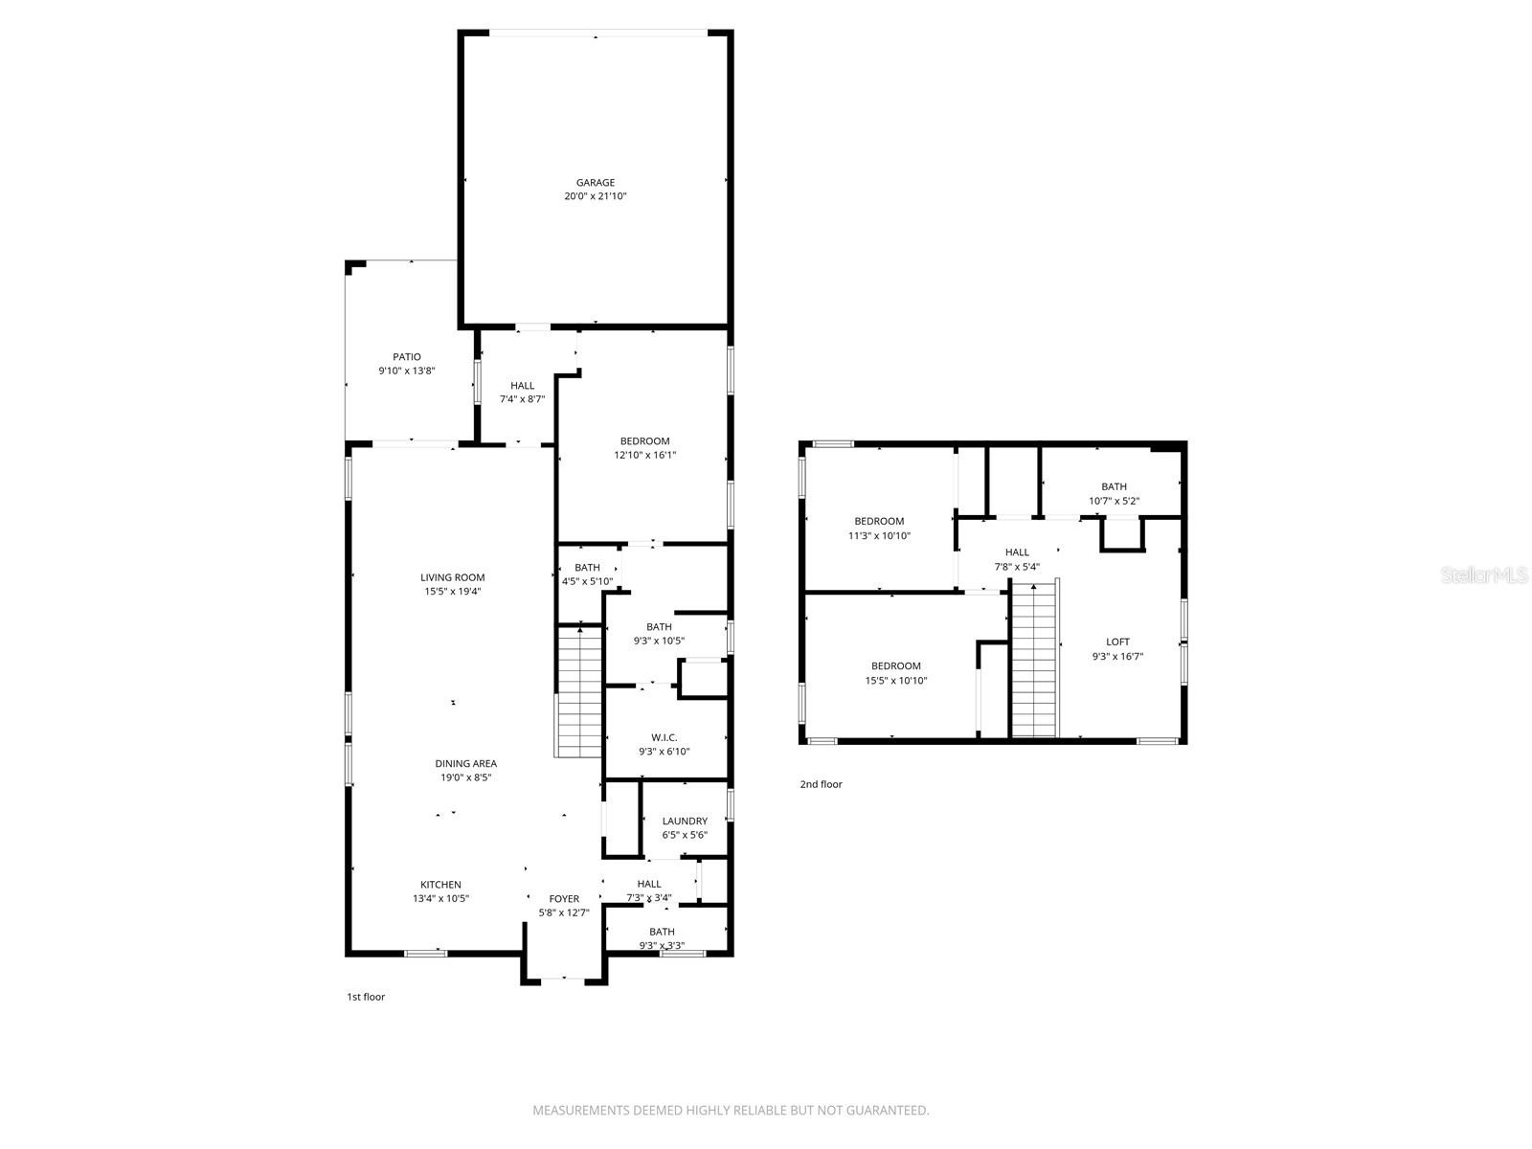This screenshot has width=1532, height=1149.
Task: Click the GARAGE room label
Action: pyautogui.click(x=595, y=183)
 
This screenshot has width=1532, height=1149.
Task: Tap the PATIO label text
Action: pyautogui.click(x=406, y=357)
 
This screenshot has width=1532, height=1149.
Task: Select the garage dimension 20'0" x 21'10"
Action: pyautogui.click(x=595, y=196)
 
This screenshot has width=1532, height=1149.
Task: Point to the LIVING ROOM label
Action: pyautogui.click(x=452, y=577)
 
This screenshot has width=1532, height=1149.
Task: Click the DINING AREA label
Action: pyautogui.click(x=465, y=764)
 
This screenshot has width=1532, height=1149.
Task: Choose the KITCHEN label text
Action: pyautogui.click(x=440, y=885)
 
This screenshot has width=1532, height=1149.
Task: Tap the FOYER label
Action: pyautogui.click(x=564, y=899)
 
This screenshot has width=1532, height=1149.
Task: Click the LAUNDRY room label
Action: pyautogui.click(x=685, y=821)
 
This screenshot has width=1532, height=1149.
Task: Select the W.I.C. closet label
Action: pyautogui.click(x=664, y=737)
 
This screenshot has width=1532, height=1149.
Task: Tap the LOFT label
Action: pyautogui.click(x=1117, y=642)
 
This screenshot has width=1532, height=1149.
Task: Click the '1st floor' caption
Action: pyautogui.click(x=366, y=997)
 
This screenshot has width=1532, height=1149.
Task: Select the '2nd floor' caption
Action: pyautogui.click(x=821, y=784)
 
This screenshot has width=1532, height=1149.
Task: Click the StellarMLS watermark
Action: pyautogui.click(x=1484, y=575)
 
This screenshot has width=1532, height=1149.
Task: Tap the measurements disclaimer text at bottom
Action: pyautogui.click(x=731, y=1111)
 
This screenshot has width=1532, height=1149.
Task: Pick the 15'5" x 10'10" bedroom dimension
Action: pyautogui.click(x=896, y=681)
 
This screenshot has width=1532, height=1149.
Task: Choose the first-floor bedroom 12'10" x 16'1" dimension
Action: pyautogui.click(x=644, y=456)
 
